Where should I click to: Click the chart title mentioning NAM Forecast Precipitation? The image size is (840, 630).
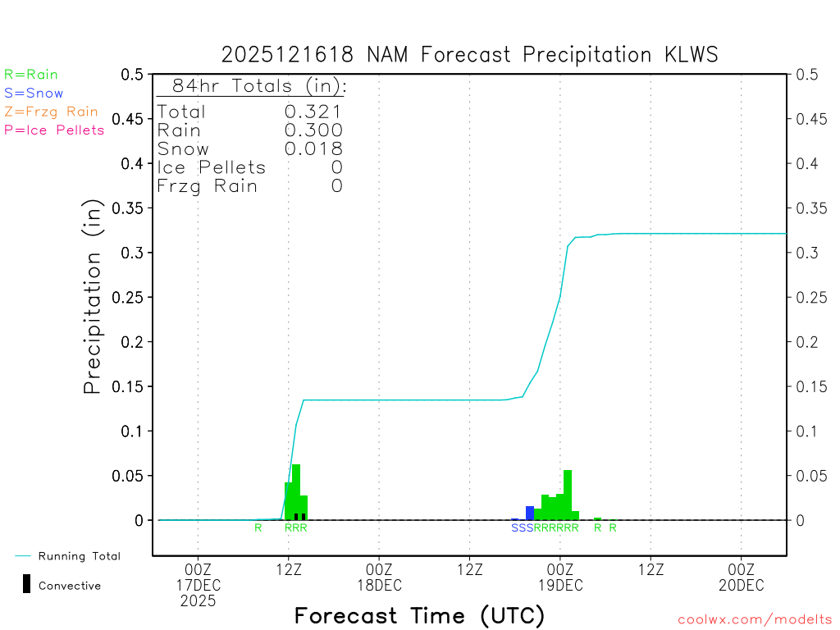[469, 55]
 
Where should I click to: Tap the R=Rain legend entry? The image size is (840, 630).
[31, 75]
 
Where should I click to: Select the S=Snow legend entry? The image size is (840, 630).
[34, 94]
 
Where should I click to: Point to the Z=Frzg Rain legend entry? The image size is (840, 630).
[51, 112]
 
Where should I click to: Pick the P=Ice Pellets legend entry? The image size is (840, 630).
[54, 130]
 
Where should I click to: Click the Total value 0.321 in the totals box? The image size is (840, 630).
[313, 112]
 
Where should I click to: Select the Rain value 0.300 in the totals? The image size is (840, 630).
[313, 130]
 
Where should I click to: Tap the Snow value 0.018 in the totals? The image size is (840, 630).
[313, 148]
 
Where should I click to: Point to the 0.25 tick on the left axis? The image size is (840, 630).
[132, 297]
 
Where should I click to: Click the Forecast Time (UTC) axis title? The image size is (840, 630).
[419, 615]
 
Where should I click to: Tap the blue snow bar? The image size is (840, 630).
[530, 513]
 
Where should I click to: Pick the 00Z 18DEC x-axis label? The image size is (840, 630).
[379, 577]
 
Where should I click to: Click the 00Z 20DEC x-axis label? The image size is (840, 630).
[742, 577]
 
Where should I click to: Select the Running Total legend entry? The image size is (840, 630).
[79, 556]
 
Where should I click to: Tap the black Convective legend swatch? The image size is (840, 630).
[27, 584]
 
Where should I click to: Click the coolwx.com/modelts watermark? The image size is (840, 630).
[755, 620]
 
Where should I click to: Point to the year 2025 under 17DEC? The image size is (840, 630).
[199, 600]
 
